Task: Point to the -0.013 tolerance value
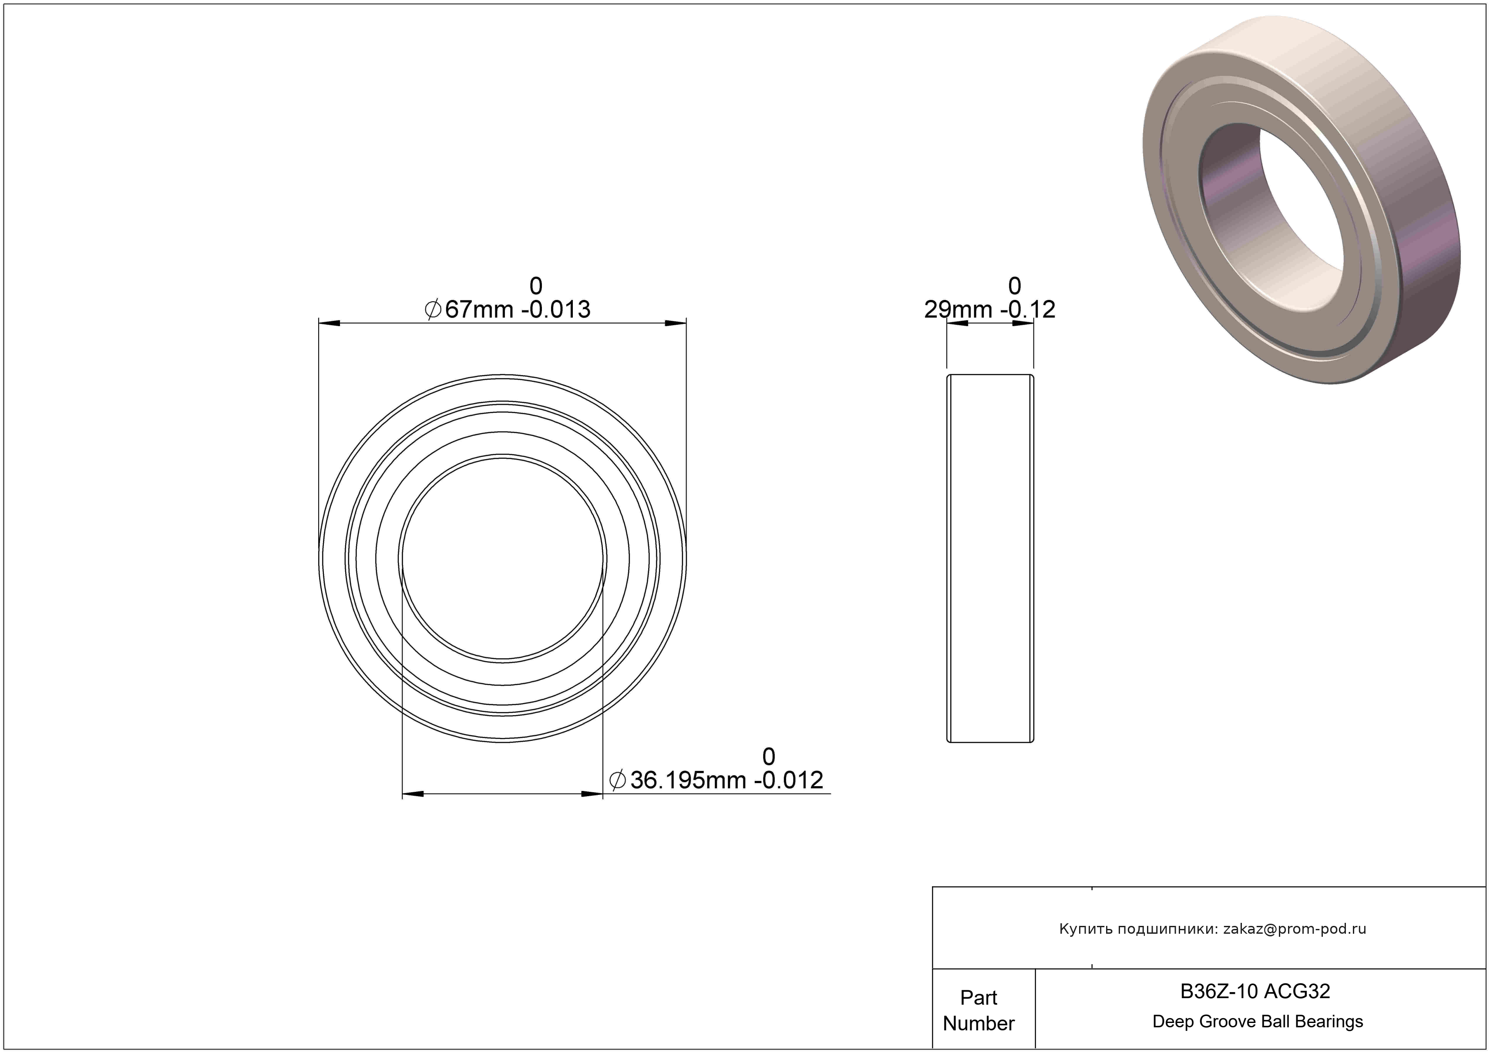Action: click(x=556, y=310)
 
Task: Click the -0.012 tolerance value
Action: click(x=788, y=780)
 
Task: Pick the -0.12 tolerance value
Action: click(x=1028, y=310)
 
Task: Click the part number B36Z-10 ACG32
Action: click(x=1255, y=991)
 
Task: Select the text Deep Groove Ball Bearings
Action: click(x=1258, y=1021)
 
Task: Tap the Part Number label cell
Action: click(x=979, y=1010)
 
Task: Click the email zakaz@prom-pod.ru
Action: click(x=1295, y=929)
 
